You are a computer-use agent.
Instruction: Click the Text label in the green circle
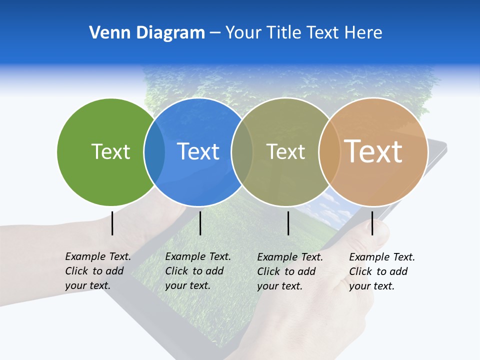pyautogui.click(x=110, y=151)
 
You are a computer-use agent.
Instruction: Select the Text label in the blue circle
pyautogui.click(x=198, y=151)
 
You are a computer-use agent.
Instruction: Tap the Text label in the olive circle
pyautogui.click(x=285, y=151)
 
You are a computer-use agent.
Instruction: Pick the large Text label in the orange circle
pyautogui.click(x=373, y=151)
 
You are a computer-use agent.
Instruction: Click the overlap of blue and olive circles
pyautogui.click(x=241, y=152)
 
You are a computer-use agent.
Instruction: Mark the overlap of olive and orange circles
pyautogui.click(x=328, y=152)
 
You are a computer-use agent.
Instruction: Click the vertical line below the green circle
pyautogui.click(x=112, y=223)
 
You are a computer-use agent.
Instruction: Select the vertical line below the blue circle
pyautogui.click(x=200, y=223)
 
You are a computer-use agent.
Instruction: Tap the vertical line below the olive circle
pyautogui.click(x=288, y=223)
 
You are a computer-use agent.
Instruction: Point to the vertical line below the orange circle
pyautogui.click(x=372, y=223)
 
